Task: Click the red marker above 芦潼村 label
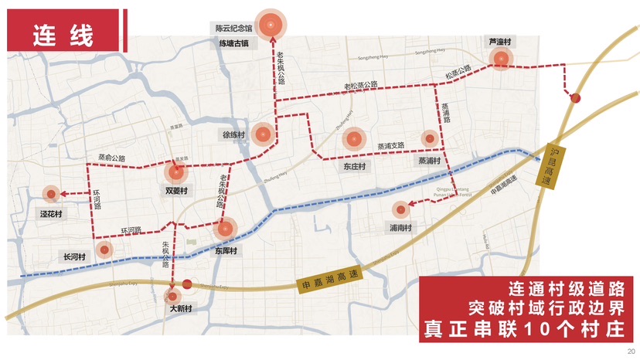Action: tap(501, 57)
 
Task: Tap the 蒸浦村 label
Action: tap(429, 161)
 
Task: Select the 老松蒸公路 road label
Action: tap(361, 85)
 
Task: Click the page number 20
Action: tap(628, 348)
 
